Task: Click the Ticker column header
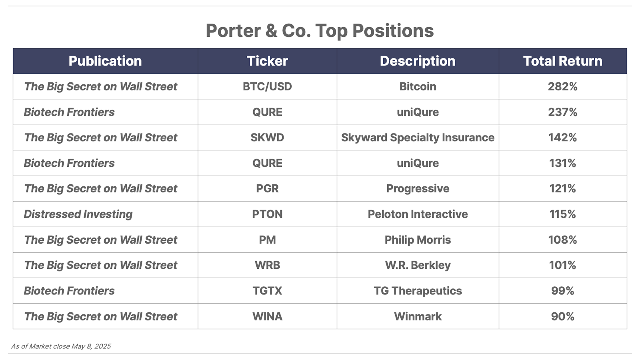(x=267, y=61)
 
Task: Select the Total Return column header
(x=562, y=61)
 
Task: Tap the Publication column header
(x=105, y=61)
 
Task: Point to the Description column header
(x=418, y=61)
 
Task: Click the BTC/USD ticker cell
(x=267, y=86)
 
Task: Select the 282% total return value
(x=562, y=86)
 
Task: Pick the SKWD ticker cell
(x=267, y=138)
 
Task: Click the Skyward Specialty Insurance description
(x=418, y=138)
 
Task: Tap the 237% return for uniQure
(x=562, y=112)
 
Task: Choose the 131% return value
(x=562, y=163)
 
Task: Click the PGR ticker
(x=267, y=188)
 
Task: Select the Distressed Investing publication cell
(x=78, y=214)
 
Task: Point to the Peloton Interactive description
(x=418, y=214)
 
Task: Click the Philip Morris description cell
(x=418, y=240)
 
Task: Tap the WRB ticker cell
(x=267, y=265)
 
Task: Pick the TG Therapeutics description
(x=418, y=291)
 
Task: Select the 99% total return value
(x=562, y=291)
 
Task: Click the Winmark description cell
(x=418, y=316)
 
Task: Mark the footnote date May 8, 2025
(x=91, y=346)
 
